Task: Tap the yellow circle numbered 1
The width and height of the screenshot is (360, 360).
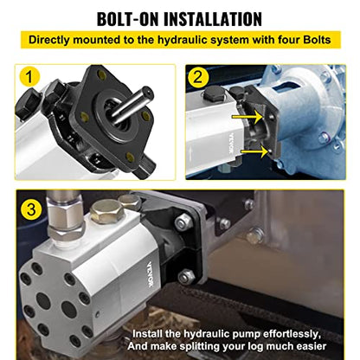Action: click(x=32, y=78)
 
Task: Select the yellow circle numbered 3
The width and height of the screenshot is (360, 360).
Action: click(x=33, y=208)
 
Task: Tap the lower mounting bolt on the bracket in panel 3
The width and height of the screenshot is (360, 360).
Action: click(x=185, y=277)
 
